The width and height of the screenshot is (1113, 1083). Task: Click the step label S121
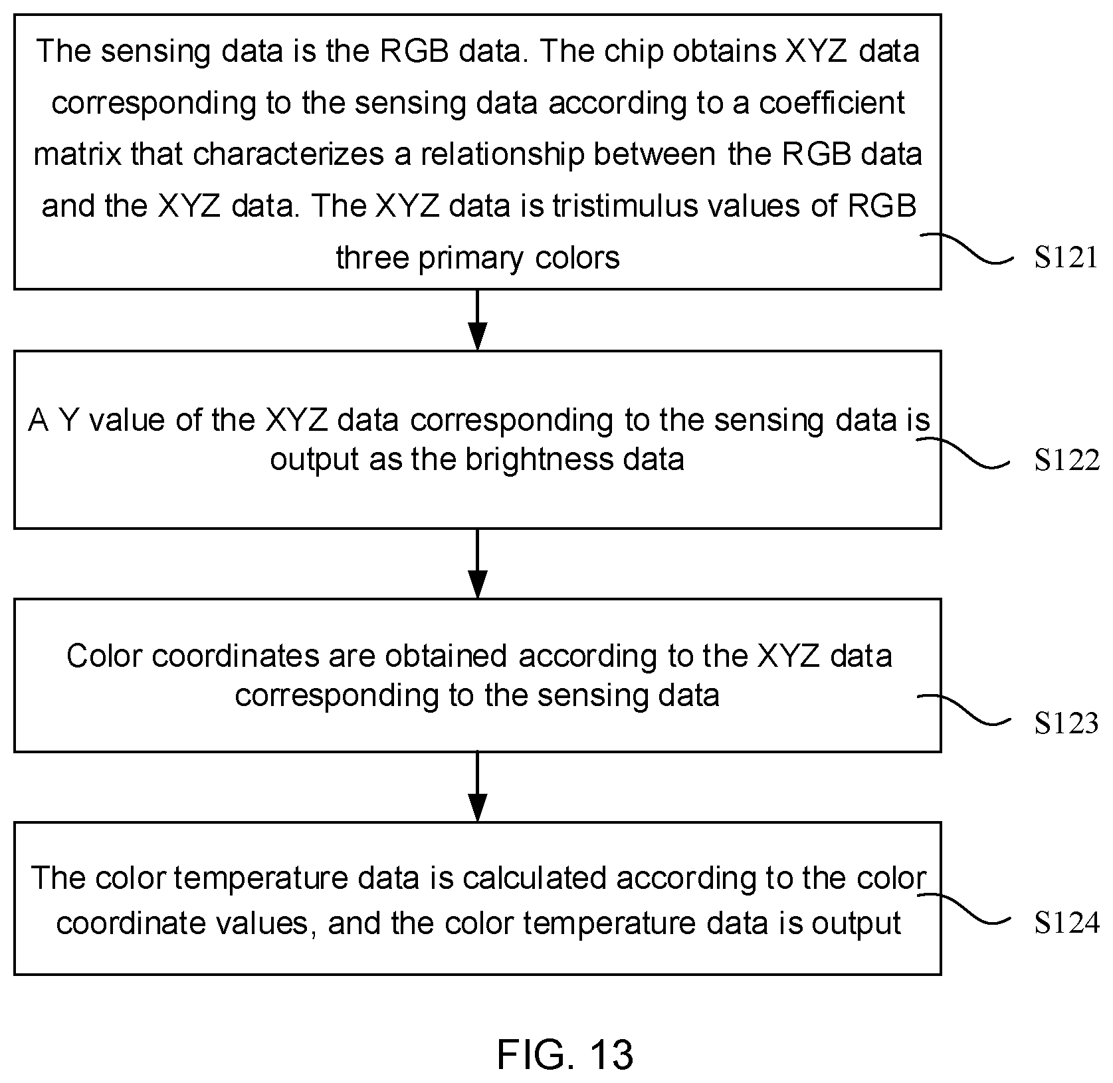pyautogui.click(x=1066, y=257)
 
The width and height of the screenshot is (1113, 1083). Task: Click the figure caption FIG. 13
pyautogui.click(x=565, y=1054)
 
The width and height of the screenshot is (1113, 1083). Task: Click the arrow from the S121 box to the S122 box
pyautogui.click(x=477, y=320)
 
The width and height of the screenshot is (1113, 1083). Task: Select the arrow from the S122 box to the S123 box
pyautogui.click(x=477, y=564)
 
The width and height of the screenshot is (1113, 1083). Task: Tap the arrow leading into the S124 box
pyautogui.click(x=477, y=787)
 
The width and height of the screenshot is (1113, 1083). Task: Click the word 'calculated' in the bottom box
pyautogui.click(x=534, y=878)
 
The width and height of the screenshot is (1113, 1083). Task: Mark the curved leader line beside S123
pyautogui.click(x=963, y=710)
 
